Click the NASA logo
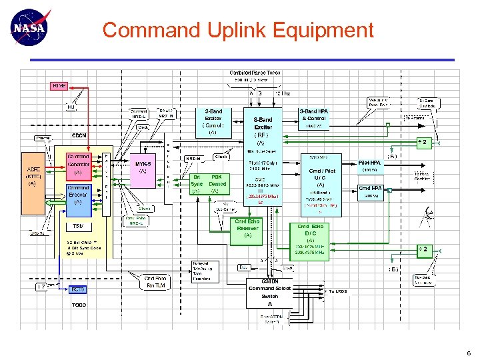[x=31, y=27]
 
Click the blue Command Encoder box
[x=79, y=195]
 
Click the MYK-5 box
[x=143, y=167]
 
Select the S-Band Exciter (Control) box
[x=213, y=122]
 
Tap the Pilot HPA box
[x=369, y=165]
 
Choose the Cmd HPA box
[x=370, y=191]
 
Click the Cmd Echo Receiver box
[x=247, y=228]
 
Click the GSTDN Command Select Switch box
[x=269, y=292]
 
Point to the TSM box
[x=78, y=226]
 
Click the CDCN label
[x=79, y=135]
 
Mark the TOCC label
[x=78, y=305]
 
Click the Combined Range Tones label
[x=255, y=73]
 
